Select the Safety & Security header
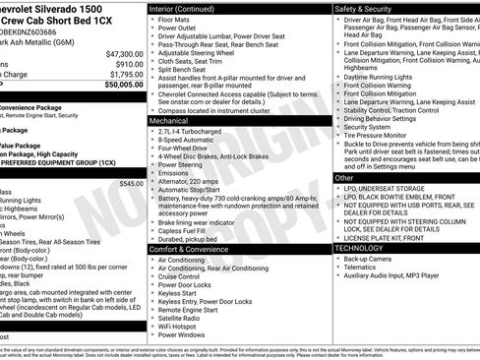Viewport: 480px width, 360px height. [370, 8]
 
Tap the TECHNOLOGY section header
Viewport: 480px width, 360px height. [365, 249]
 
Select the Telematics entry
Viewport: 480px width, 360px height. [364, 270]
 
